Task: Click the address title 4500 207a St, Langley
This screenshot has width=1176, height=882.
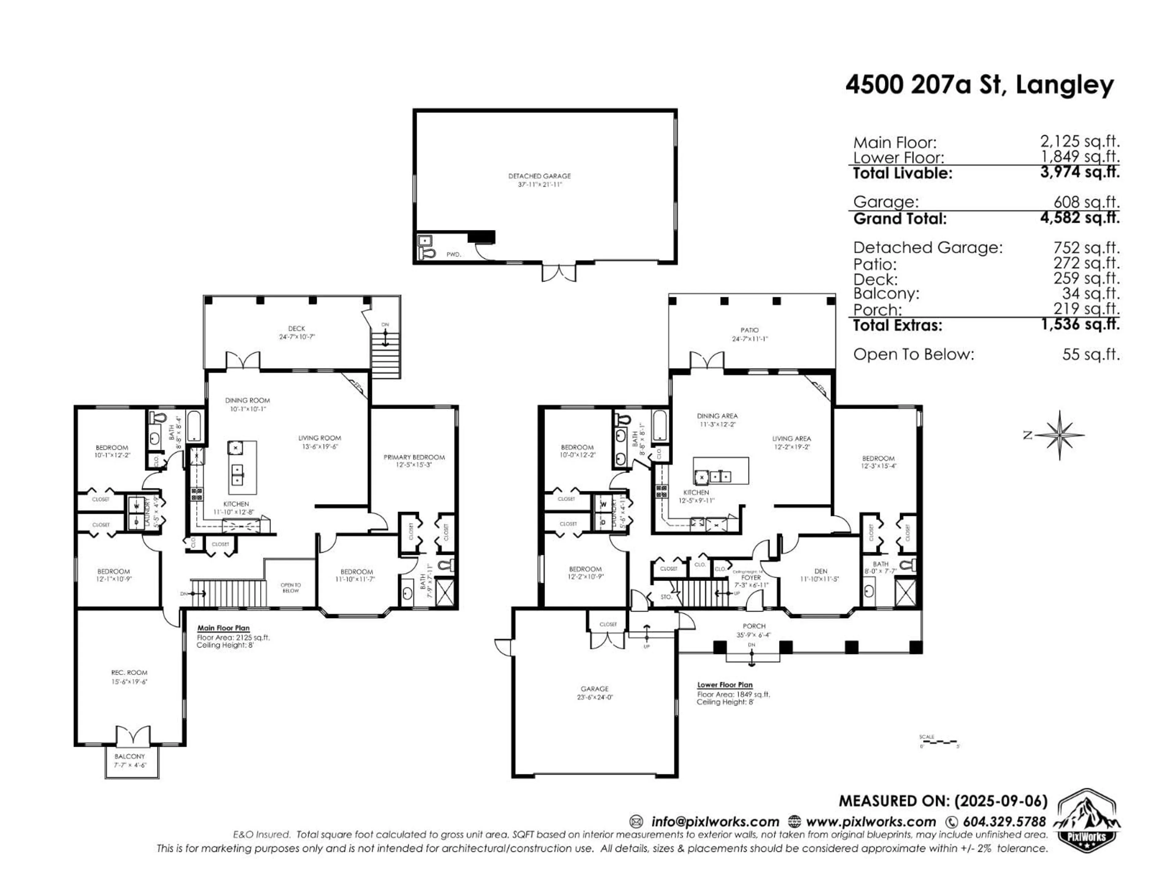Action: pos(979,85)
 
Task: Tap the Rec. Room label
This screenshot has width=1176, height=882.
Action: pos(129,673)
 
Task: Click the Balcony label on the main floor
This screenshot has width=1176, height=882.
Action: pos(130,756)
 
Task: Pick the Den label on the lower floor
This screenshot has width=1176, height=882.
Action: pos(820,571)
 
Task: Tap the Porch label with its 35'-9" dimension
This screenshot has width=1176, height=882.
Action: pos(754,626)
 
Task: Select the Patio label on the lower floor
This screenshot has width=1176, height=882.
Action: pos(750,330)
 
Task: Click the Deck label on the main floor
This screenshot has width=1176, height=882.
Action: pos(297,329)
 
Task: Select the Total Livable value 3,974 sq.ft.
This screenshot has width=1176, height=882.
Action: pos(1080,172)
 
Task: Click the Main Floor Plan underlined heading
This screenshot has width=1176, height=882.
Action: pos(223,628)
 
